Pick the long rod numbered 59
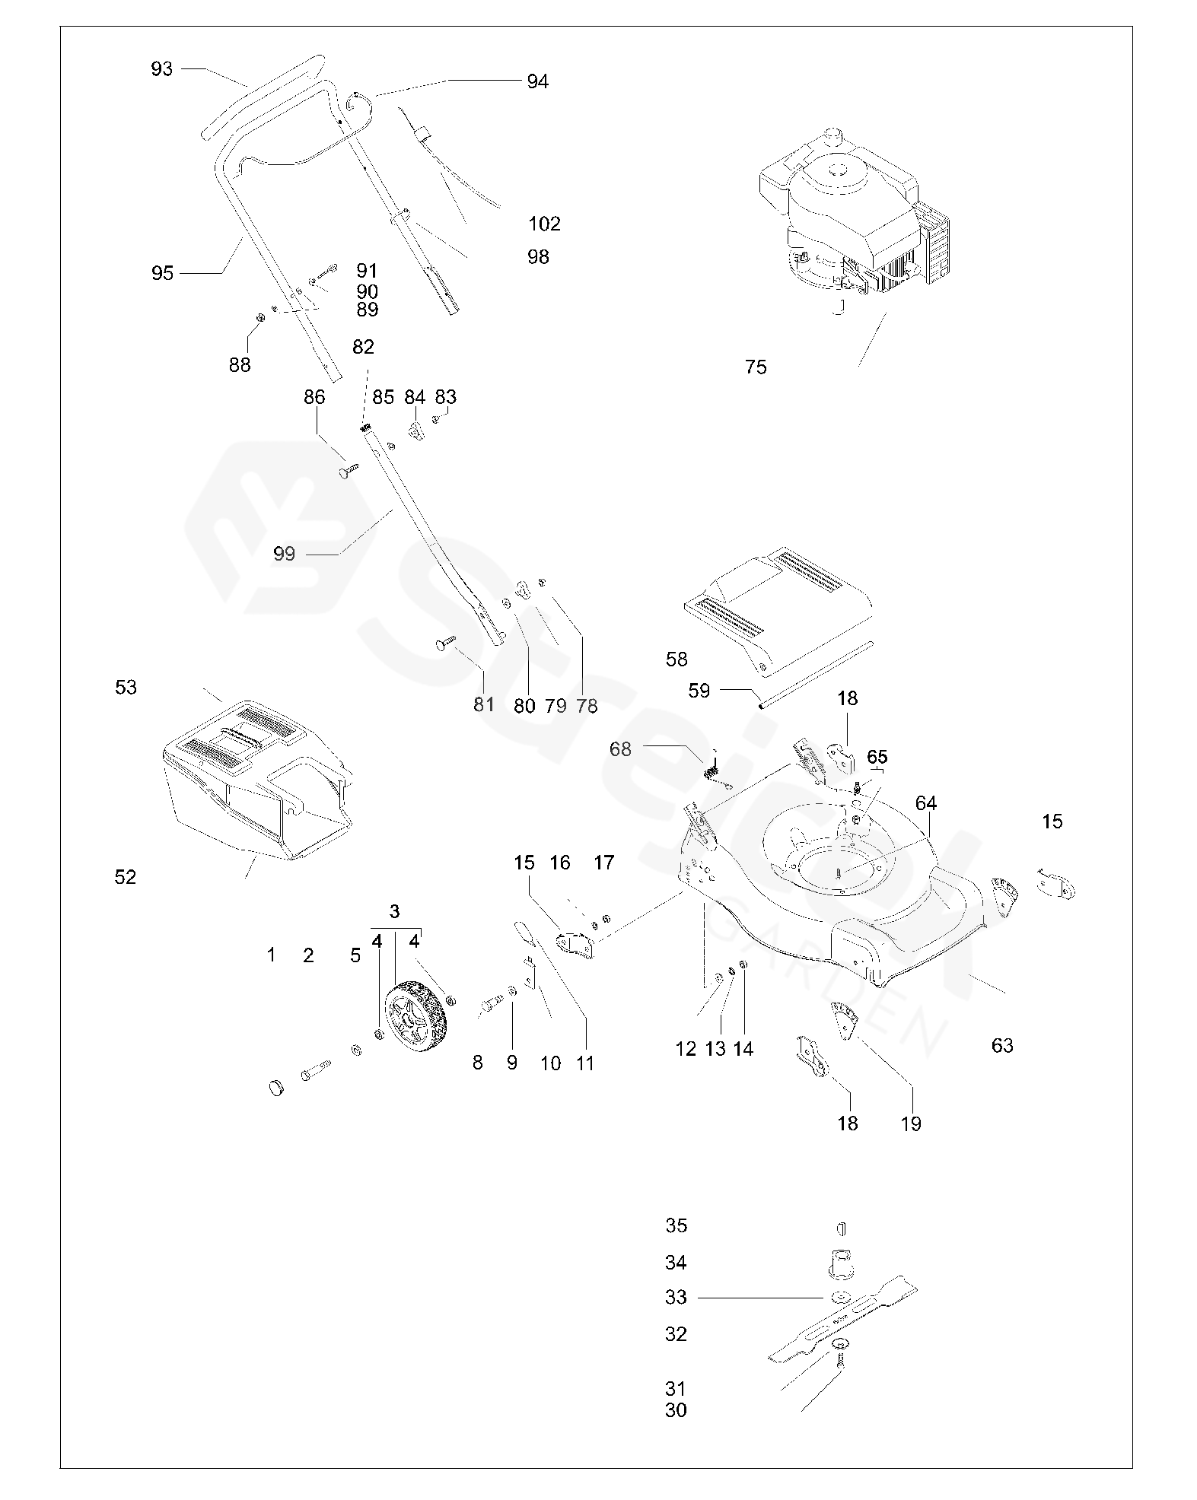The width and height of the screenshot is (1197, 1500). point(814,676)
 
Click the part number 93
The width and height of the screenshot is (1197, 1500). point(162,69)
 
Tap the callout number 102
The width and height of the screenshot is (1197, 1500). point(544,224)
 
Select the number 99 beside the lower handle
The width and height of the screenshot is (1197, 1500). point(284,554)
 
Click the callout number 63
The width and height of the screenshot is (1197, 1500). point(1002,1045)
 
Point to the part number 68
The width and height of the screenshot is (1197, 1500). point(620,749)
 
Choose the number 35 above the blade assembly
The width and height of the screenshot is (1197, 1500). point(676,1225)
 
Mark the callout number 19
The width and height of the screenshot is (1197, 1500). point(911,1123)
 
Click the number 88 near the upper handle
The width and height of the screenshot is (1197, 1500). point(240,365)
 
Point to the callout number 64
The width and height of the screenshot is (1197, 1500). point(926,803)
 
